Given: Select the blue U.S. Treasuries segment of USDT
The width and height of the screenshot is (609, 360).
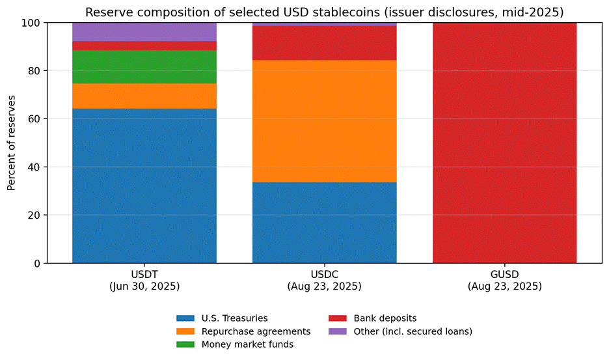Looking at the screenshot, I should coord(144,186).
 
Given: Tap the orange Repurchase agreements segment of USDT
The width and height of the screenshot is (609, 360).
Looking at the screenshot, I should coord(144,96).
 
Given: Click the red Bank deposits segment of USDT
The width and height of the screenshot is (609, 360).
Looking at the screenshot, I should coord(144,46).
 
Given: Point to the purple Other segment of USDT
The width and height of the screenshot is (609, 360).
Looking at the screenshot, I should coord(144,32).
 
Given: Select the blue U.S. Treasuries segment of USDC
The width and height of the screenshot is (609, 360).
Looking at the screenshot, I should coord(324,223).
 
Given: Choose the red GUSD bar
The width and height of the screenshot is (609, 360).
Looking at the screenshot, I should coord(504,143).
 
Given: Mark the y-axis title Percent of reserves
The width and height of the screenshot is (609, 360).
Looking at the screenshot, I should coord(12,143).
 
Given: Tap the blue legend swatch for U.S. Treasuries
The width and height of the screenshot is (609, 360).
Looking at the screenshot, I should coord(185,318).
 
